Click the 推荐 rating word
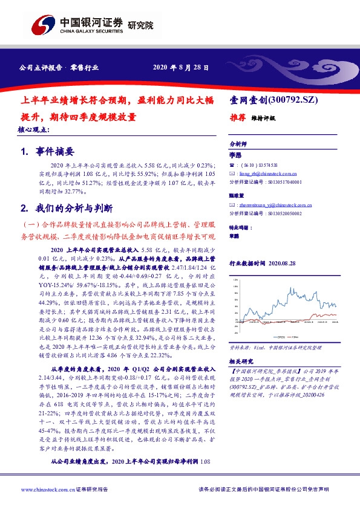237,118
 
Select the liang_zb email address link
264,172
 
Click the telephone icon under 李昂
232,164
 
